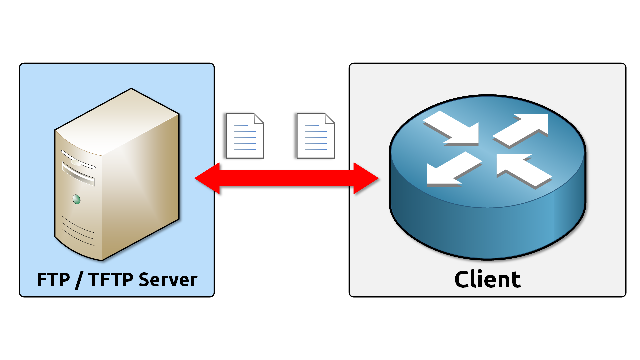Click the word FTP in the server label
pyautogui.click(x=53, y=280)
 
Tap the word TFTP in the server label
pyautogui.click(x=111, y=280)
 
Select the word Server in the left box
pyautogui.click(x=168, y=280)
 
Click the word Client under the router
pyautogui.click(x=487, y=279)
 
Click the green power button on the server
pyautogui.click(x=76, y=199)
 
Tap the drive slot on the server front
pyautogui.click(x=78, y=174)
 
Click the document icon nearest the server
pyautogui.click(x=244, y=136)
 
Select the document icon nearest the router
pyautogui.click(x=315, y=136)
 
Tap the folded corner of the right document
pyautogui.click(x=330, y=118)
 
